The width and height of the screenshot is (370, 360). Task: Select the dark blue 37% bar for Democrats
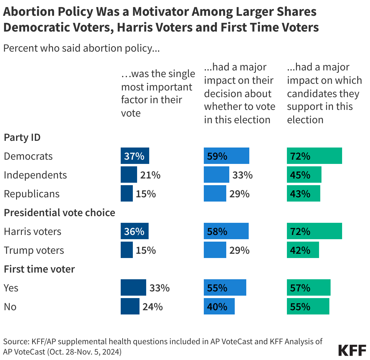point(135,156)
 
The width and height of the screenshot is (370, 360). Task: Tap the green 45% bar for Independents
point(304,175)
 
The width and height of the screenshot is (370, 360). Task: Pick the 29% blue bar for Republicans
point(215,194)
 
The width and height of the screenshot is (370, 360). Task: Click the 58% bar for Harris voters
point(226,231)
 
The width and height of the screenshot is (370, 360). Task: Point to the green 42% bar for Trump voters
point(303,250)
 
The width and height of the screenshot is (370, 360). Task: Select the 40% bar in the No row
point(219,307)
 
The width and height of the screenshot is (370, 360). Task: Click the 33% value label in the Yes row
point(159,288)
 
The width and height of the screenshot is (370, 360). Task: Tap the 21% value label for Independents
point(150,175)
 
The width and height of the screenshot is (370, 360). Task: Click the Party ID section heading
point(22,138)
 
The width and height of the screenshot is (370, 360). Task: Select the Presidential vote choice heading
point(59,212)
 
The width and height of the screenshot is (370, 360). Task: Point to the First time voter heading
point(39,269)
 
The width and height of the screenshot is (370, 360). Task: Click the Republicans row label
point(32,194)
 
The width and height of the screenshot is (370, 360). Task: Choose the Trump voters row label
point(34,250)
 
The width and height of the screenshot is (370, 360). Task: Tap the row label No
point(10,307)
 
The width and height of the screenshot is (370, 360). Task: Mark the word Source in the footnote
point(16,342)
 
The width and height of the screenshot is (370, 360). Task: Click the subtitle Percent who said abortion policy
point(81,48)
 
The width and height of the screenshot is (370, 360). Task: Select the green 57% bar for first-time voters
point(308,288)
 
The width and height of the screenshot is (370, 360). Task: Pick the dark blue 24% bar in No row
point(130,307)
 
